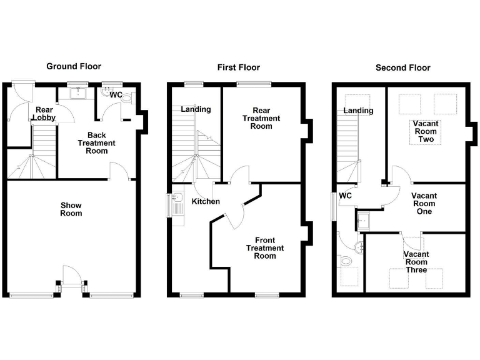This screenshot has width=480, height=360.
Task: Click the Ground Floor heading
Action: [74, 66]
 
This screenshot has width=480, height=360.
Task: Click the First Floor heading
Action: [238, 67]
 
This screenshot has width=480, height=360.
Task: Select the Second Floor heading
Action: [402, 67]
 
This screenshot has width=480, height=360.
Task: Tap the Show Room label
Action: [71, 209]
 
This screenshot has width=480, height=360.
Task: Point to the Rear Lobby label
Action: [44, 113]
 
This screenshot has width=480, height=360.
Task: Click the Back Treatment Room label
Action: [97, 142]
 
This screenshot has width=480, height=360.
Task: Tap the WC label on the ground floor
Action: [116, 95]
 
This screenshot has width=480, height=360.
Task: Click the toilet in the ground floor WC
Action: [127, 97]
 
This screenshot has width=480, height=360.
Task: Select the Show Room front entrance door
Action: [71, 276]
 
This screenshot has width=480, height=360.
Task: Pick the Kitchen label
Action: [206, 202]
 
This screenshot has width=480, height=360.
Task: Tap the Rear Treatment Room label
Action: [261, 118]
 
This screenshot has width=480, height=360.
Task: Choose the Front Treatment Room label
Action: [265, 247]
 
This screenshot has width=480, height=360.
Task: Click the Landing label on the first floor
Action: [196, 109]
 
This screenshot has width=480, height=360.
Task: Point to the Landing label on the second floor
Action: [358, 111]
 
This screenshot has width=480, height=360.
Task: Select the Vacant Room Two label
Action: [426, 131]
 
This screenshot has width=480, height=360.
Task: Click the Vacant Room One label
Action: [424, 204]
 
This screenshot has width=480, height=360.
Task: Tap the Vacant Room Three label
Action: [415, 262]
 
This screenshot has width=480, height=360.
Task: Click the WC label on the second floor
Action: [346, 196]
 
